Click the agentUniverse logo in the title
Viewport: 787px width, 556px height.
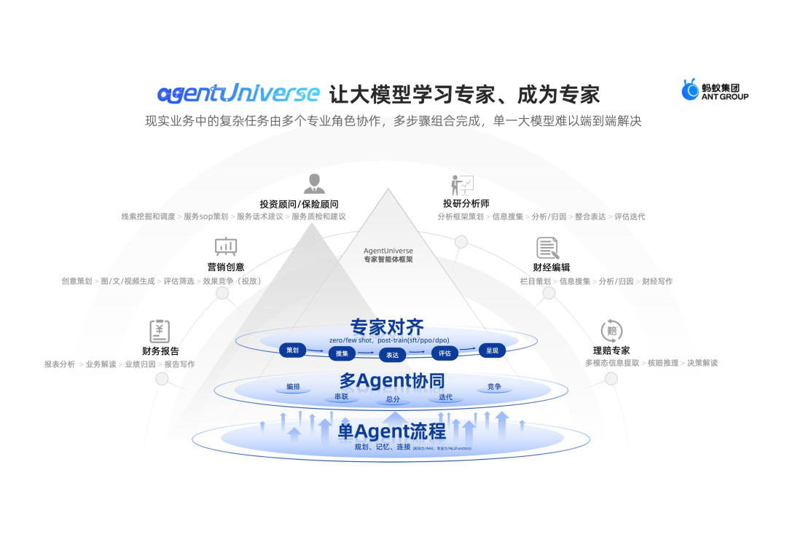(x=238, y=93)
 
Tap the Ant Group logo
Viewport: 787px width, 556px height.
(x=714, y=90)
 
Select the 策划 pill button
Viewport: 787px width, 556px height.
(x=292, y=351)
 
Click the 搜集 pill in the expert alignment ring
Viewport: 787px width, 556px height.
(x=342, y=354)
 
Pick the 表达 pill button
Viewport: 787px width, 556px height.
(x=393, y=355)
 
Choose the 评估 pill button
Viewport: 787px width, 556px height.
(x=445, y=353)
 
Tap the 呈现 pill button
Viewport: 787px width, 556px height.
(x=492, y=351)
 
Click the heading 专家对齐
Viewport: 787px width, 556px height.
(x=387, y=326)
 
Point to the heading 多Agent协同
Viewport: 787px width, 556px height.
(x=392, y=380)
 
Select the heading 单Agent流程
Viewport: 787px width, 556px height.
(x=392, y=432)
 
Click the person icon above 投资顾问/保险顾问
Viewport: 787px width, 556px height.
(x=313, y=184)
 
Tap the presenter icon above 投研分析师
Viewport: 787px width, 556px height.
(x=462, y=185)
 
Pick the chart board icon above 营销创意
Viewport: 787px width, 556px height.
(x=226, y=246)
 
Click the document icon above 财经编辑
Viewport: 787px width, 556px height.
(x=547, y=248)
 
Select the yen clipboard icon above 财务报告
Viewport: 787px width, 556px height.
(x=160, y=331)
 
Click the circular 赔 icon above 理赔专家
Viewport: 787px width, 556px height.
(x=611, y=331)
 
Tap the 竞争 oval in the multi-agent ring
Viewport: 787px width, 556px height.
(x=494, y=387)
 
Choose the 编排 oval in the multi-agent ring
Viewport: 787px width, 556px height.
(x=293, y=387)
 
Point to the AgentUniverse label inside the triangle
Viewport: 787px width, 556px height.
(x=388, y=251)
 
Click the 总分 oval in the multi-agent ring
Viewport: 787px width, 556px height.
(x=393, y=399)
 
